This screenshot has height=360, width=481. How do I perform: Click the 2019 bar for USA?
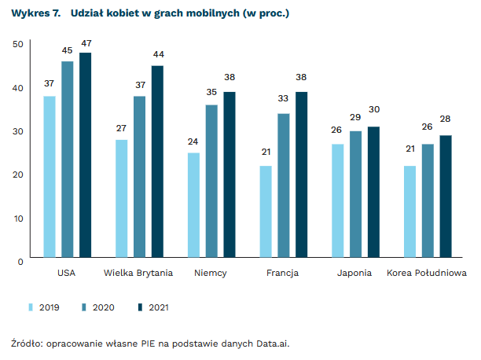pyautogui.click(x=50, y=176)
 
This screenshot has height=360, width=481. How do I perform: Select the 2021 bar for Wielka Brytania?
pyautogui.click(x=157, y=161)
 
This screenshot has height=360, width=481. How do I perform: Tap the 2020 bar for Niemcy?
pyautogui.click(x=211, y=181)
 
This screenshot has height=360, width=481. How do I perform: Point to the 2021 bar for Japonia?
pyautogui.click(x=373, y=192)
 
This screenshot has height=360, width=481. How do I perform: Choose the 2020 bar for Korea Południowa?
pyautogui.click(x=428, y=200)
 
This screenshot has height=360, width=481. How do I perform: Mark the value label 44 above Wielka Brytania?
pyautogui.click(x=157, y=54)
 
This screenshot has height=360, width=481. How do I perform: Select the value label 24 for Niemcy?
pyautogui.click(x=193, y=141)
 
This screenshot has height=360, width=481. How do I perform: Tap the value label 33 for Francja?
pyautogui.click(x=284, y=99)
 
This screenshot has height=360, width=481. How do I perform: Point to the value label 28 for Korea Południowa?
pyautogui.click(x=446, y=119)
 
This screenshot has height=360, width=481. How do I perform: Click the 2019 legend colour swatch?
pyautogui.click(x=31, y=307)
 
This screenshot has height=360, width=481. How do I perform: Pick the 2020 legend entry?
pyautogui.click(x=104, y=307)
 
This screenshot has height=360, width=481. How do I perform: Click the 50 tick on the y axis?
pyautogui.click(x=18, y=44)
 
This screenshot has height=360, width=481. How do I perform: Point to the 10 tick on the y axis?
pyautogui.click(x=18, y=217)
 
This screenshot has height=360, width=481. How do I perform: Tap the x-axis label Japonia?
pyautogui.click(x=355, y=274)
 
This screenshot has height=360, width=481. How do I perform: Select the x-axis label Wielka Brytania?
pyautogui.click(x=139, y=274)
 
